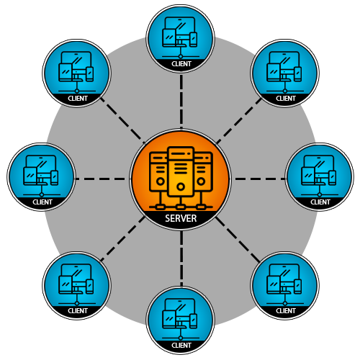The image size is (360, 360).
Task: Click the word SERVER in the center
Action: (180, 219)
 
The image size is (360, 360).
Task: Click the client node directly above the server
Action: (181, 37)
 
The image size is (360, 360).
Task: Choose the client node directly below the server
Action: (181, 319)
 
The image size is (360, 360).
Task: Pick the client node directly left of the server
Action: (42, 176)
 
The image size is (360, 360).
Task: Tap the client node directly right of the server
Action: (320, 176)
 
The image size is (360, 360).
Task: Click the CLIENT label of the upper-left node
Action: (77, 99)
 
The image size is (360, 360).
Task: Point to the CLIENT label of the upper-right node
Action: (286, 99)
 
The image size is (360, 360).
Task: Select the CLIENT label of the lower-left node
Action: (77, 311)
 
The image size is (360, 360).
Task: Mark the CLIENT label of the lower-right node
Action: (286, 311)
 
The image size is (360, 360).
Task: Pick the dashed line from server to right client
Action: (259, 179)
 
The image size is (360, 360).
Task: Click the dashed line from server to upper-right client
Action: (237, 120)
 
